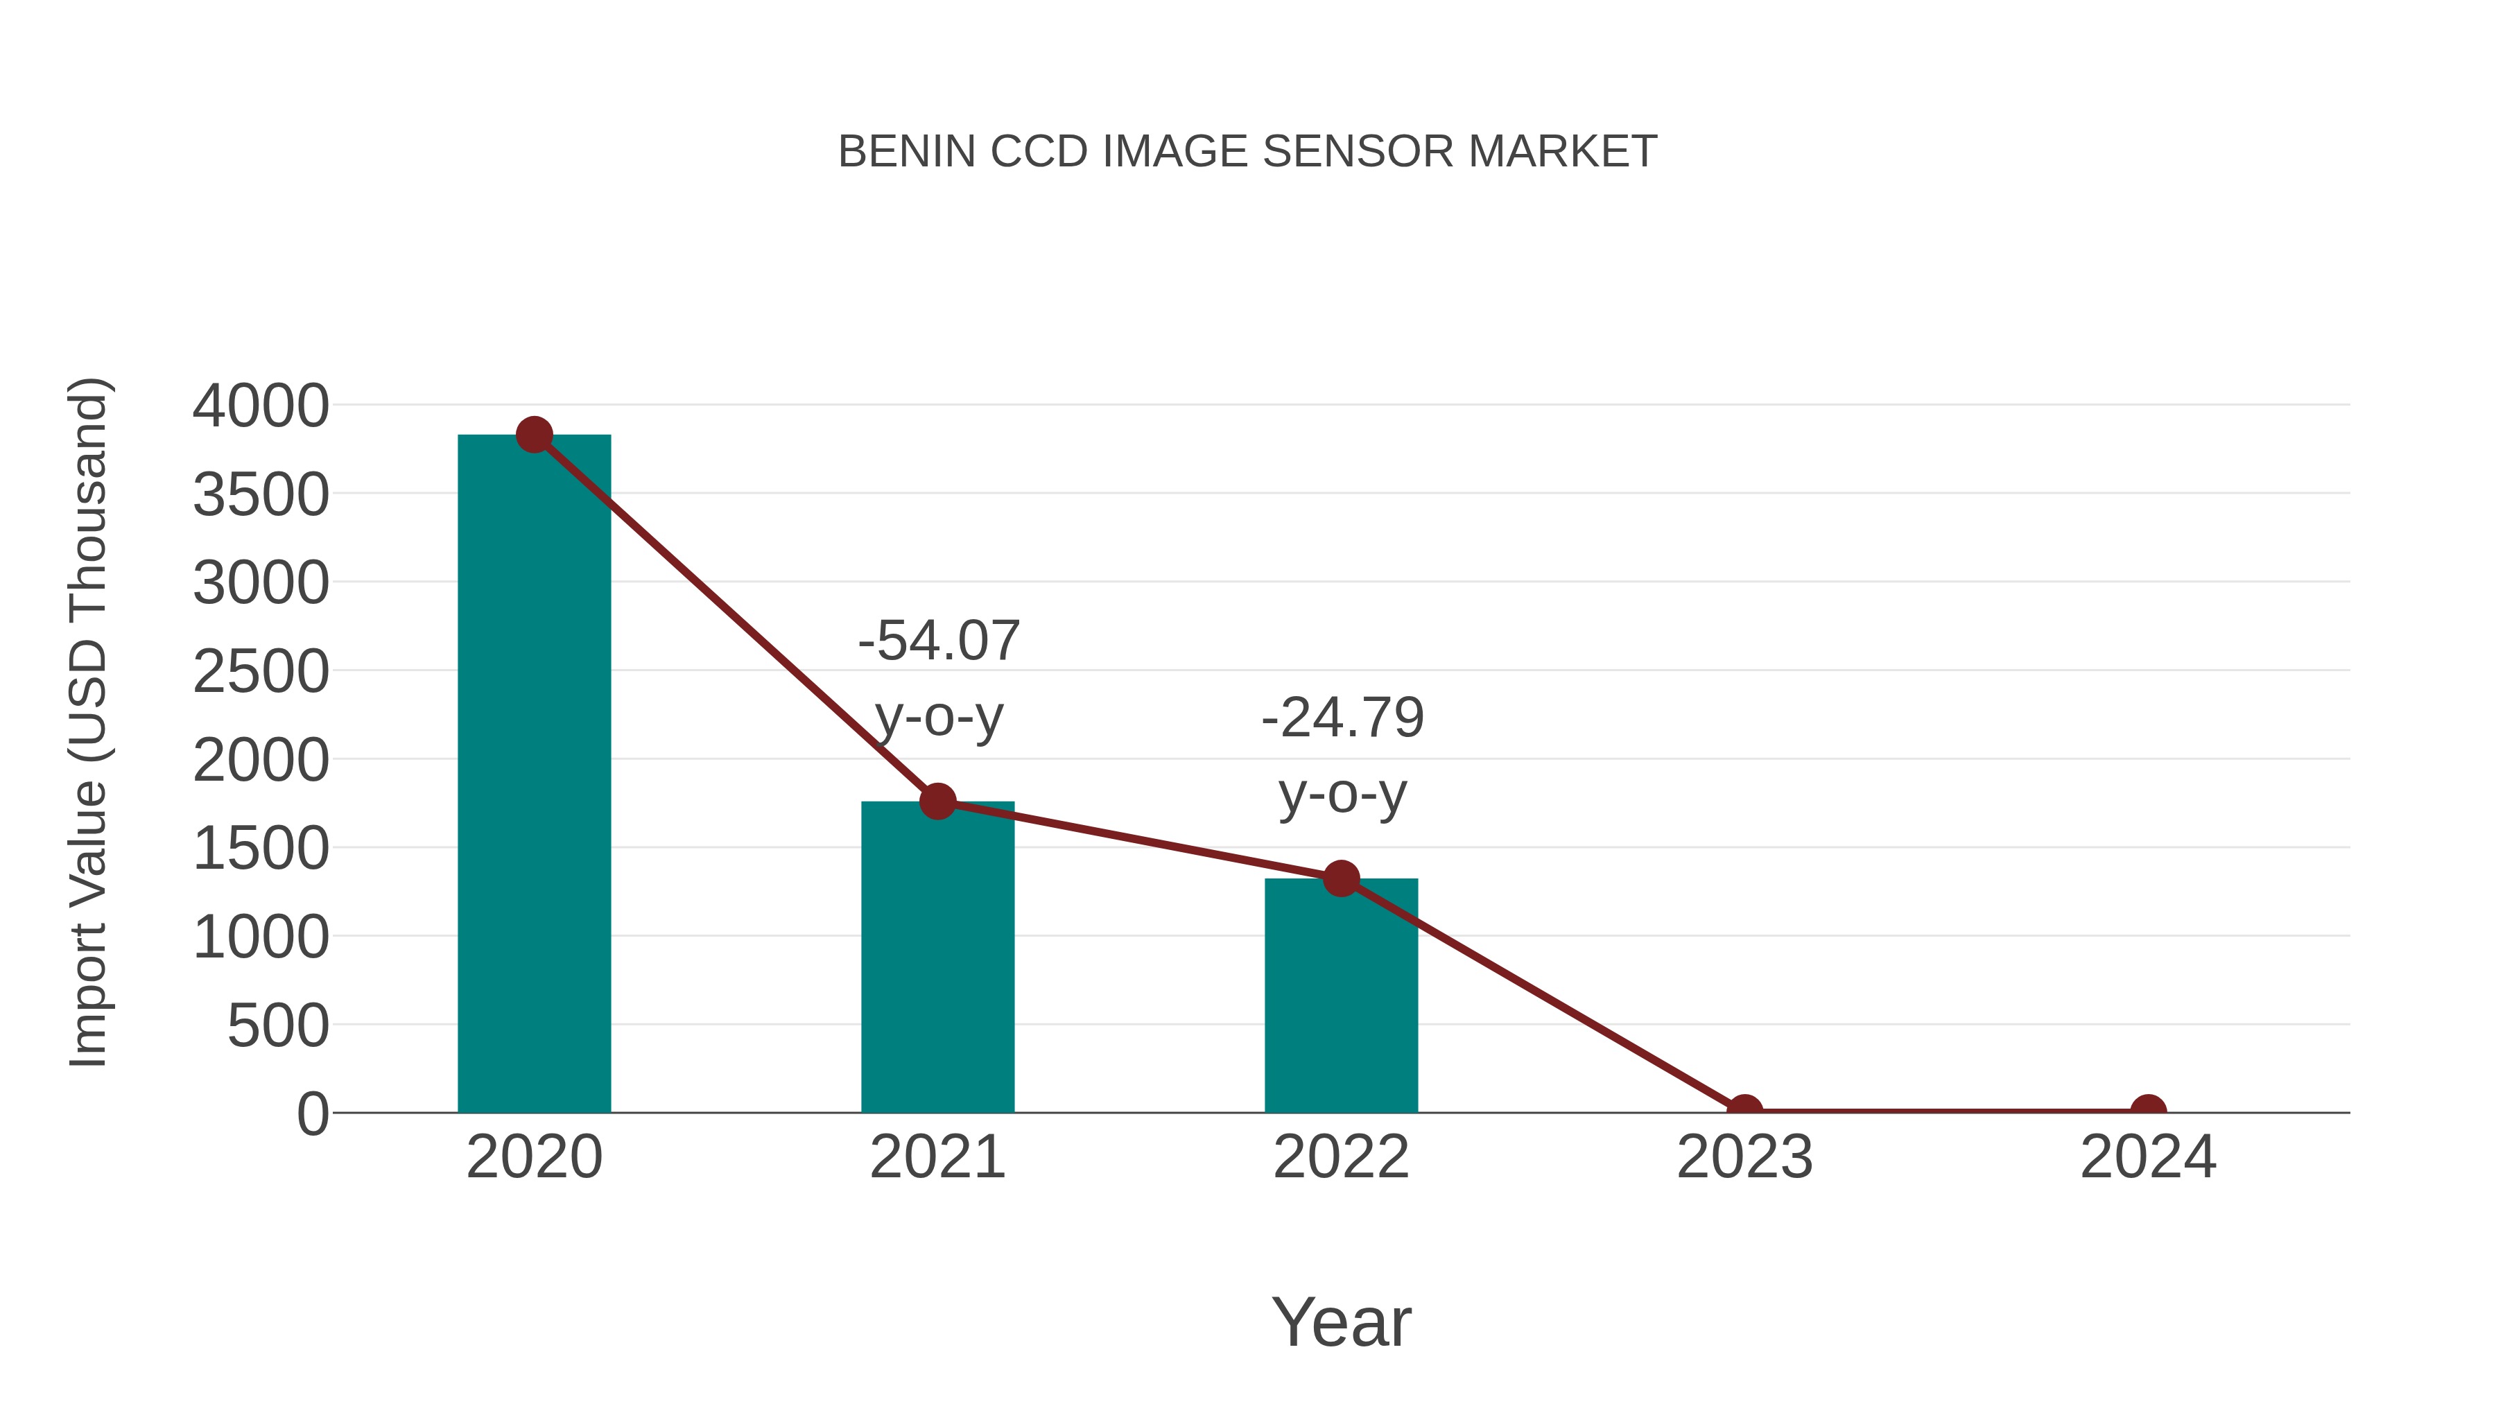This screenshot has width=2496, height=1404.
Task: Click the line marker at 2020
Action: tap(534, 435)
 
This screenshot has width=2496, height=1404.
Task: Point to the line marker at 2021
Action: tap(937, 801)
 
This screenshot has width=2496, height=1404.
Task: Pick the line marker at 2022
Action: tap(1340, 879)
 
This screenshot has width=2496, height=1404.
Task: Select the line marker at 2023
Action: tap(1744, 1111)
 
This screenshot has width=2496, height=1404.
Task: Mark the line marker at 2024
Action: tap(2148, 1111)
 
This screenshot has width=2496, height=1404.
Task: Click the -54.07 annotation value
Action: tap(939, 641)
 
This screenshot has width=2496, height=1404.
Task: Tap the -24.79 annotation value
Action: tap(1342, 718)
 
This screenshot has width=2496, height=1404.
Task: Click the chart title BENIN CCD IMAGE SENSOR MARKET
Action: tap(1247, 152)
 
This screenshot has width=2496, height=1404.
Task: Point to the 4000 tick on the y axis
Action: tap(261, 406)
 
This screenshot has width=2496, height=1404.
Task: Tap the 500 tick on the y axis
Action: tap(277, 1026)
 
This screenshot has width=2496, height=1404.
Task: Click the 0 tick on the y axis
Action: tap(312, 1114)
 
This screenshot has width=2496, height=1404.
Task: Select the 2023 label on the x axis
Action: tap(1744, 1157)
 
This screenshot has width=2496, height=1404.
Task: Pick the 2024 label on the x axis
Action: tap(2148, 1157)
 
